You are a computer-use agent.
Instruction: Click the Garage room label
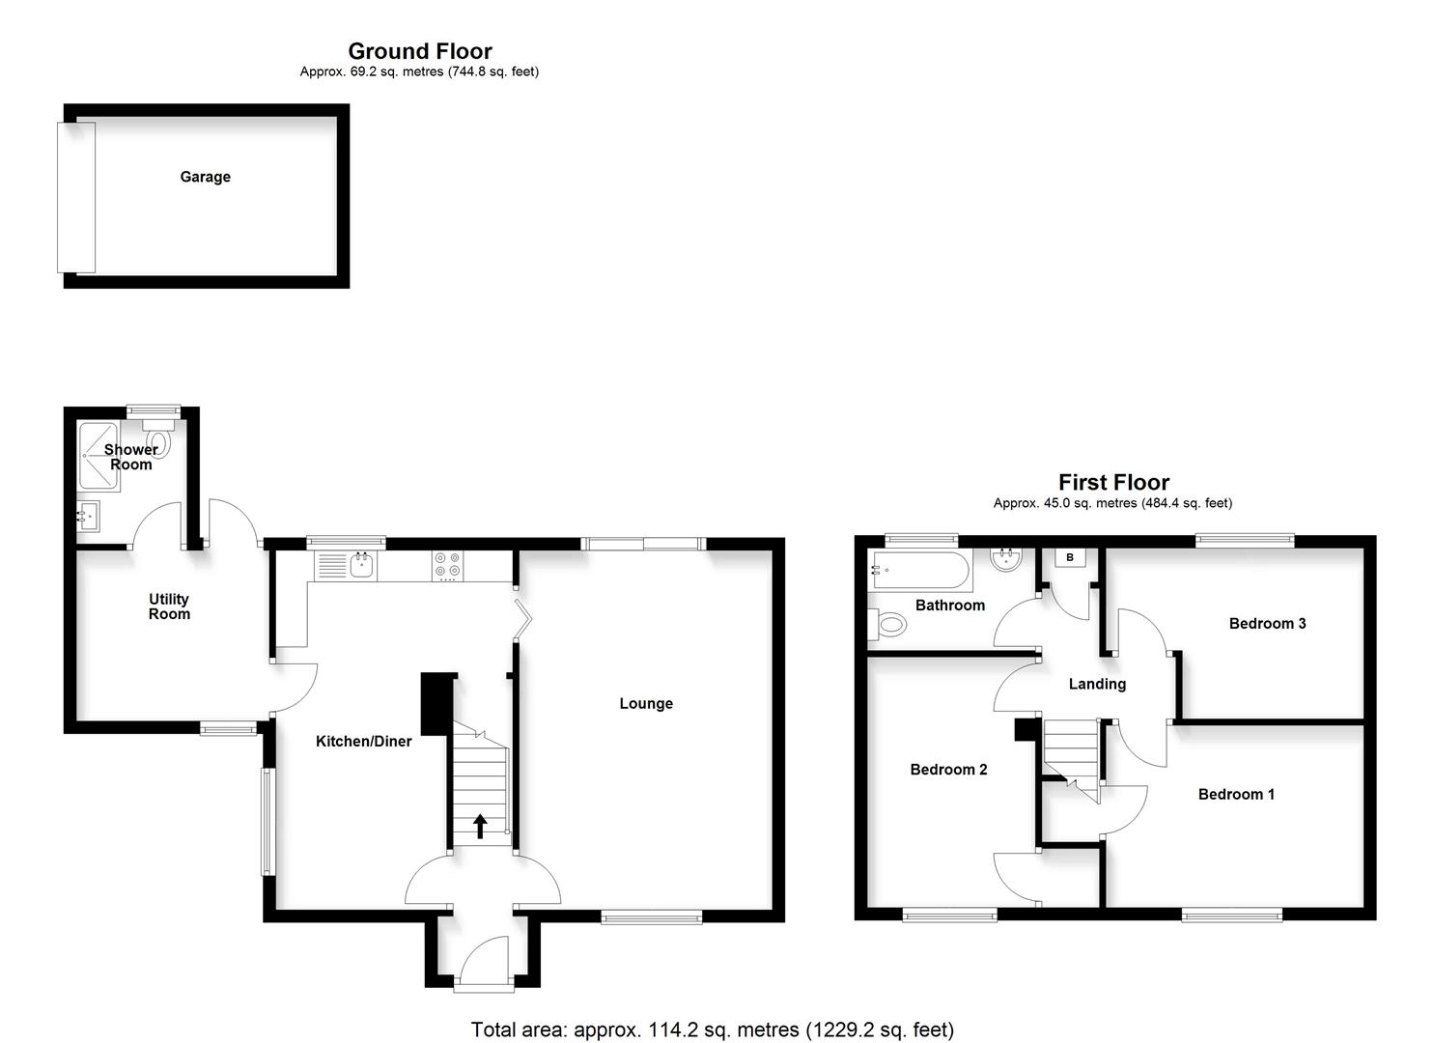pos(205,177)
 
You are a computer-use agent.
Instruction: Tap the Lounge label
pos(646,703)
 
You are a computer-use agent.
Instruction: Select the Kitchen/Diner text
pos(364,742)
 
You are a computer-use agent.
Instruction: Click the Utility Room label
pos(169,606)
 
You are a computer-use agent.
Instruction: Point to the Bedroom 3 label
pos(1267,624)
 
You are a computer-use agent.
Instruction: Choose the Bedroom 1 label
pos(1236,795)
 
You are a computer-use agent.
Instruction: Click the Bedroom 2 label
pos(948,770)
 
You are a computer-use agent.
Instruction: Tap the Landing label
pos(1097,684)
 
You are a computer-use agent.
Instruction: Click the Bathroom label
pos(950,606)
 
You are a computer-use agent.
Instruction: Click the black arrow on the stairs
pos(480,826)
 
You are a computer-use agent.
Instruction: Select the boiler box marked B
pos(1070,558)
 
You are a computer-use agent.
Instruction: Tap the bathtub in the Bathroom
pos(920,571)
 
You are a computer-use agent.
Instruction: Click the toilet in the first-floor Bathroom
pos(887,626)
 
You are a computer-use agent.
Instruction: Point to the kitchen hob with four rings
pos(446,565)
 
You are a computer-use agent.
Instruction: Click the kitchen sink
pos(361,566)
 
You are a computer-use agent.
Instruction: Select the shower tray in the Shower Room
pos(99,456)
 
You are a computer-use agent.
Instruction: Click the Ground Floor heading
pos(420,51)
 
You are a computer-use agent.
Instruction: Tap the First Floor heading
pos(1113,482)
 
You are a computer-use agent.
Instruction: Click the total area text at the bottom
pos(712,1029)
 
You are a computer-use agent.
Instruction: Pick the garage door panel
pos(76,197)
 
